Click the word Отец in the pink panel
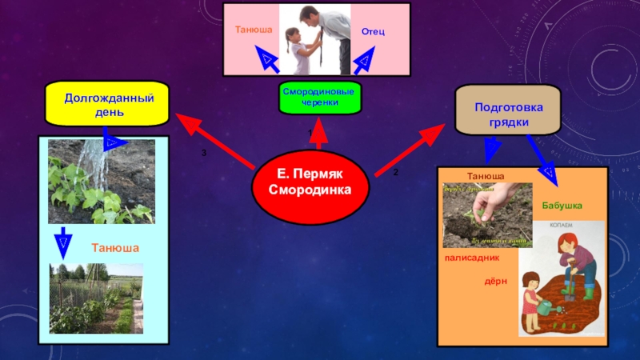click(374, 31)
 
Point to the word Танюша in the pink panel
click(254, 30)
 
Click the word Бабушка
click(562, 206)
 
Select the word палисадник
click(472, 258)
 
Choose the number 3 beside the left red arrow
click(203, 152)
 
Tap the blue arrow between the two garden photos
click(63, 242)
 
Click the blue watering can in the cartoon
click(544, 308)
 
